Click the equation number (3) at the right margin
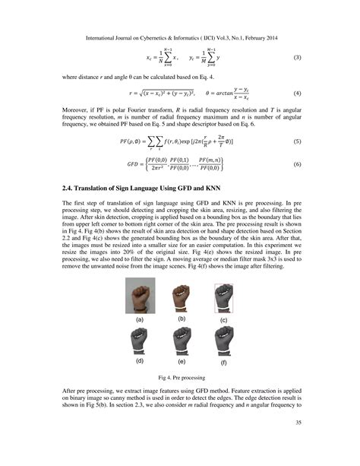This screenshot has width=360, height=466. (295, 58)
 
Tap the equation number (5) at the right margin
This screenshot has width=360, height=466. (295, 142)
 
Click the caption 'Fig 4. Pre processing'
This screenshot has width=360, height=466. (179, 377)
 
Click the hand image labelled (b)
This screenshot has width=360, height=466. (182, 299)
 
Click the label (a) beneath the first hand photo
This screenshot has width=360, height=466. (140, 320)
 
